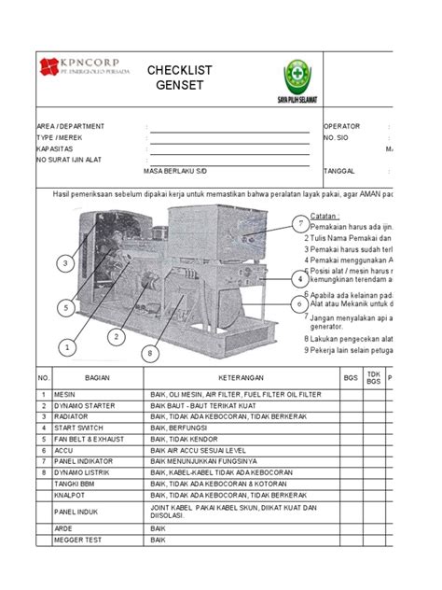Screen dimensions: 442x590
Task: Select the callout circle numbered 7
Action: [299, 224]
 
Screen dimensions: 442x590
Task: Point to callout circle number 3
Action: [65, 264]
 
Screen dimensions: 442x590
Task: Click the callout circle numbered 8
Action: [147, 353]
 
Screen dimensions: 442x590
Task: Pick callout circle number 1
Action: [67, 348]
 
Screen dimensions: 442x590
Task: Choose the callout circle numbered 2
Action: [116, 336]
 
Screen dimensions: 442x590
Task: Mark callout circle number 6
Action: [299, 303]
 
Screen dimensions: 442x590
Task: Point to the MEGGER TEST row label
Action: [82, 539]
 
